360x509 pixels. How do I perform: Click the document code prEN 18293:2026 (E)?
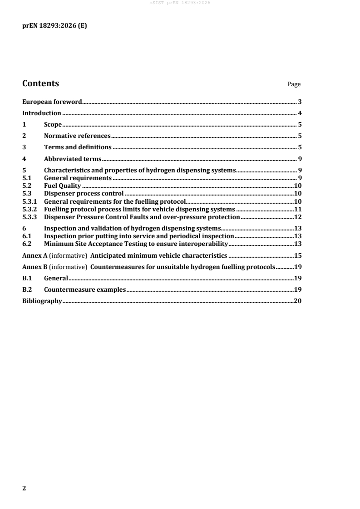click(54, 26)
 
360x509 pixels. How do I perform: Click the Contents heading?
click(40, 83)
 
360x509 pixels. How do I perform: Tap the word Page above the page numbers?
click(294, 84)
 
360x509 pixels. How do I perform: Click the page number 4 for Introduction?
click(300, 113)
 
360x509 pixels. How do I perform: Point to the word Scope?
click(53, 124)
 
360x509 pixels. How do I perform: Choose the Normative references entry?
click(77, 136)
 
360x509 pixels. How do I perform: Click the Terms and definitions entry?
click(78, 147)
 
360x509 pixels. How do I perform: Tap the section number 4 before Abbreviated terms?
click(25, 158)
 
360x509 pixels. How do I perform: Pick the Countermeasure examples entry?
click(84, 289)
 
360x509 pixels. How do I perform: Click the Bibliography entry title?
click(42, 300)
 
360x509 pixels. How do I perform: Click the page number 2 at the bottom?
click(25, 488)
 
